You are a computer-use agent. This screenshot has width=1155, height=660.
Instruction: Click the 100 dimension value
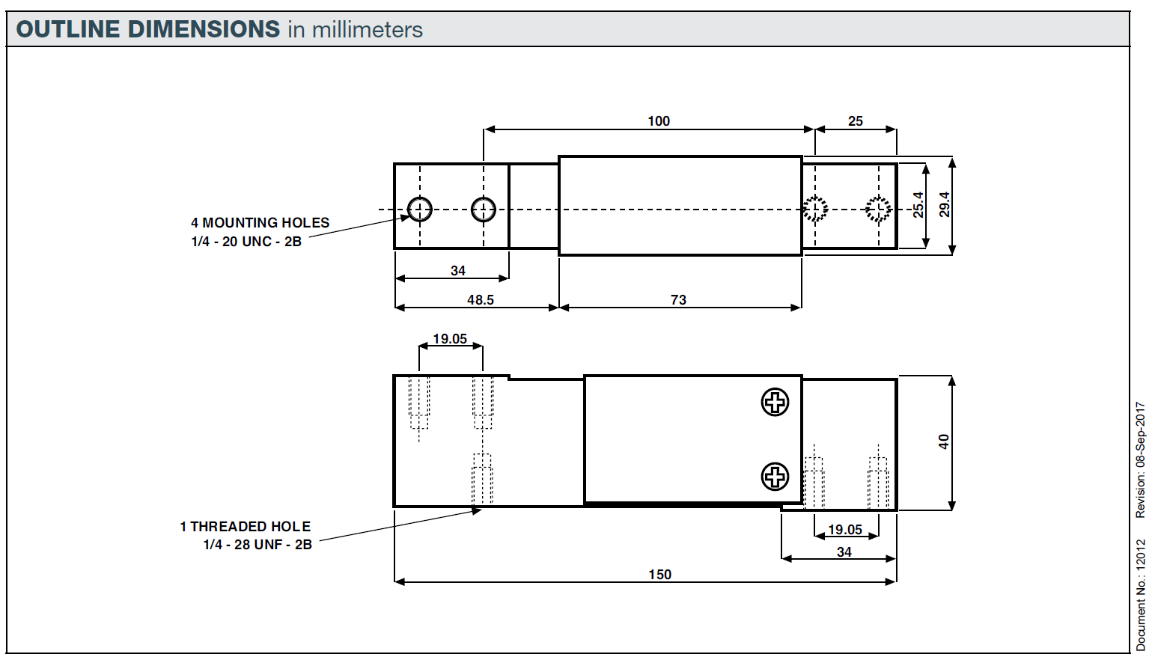pyautogui.click(x=659, y=121)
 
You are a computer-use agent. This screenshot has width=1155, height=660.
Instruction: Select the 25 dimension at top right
pyautogui.click(x=855, y=121)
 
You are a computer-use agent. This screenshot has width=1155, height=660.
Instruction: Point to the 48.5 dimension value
pyautogui.click(x=480, y=300)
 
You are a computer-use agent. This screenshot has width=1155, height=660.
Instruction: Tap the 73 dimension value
pyautogui.click(x=678, y=300)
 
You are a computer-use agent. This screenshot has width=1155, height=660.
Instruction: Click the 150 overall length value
pyautogui.click(x=659, y=575)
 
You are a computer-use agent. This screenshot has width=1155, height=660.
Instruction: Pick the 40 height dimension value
pyautogui.click(x=944, y=442)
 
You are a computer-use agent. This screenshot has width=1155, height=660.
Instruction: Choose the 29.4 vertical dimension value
pyautogui.click(x=944, y=204)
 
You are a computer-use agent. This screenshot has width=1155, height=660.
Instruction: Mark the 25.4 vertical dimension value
pyautogui.click(x=918, y=205)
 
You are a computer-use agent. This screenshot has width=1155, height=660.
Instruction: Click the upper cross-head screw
pyautogui.click(x=775, y=402)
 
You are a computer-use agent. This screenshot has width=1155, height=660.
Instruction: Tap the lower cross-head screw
pyautogui.click(x=775, y=477)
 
